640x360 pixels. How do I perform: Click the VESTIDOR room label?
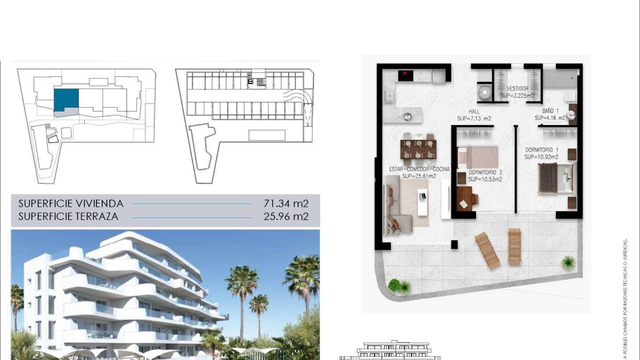[x=517, y=89]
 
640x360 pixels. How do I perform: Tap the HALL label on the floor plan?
[x=474, y=112]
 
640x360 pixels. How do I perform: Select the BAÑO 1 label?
[x=551, y=111]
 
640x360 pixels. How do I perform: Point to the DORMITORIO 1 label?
[x=541, y=150]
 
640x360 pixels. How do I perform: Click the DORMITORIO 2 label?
[x=485, y=172]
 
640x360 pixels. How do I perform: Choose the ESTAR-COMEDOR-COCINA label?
[x=419, y=169]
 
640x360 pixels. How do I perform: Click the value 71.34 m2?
[x=286, y=203]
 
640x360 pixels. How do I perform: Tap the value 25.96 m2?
[x=286, y=217]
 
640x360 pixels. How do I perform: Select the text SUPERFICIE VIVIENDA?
[x=71, y=203]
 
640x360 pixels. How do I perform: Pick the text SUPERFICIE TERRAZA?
[x=68, y=217]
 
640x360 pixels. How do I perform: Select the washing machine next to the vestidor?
[x=484, y=92]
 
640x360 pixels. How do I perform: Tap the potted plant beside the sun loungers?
[x=568, y=262]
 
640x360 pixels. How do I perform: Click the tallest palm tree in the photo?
[x=242, y=286]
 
